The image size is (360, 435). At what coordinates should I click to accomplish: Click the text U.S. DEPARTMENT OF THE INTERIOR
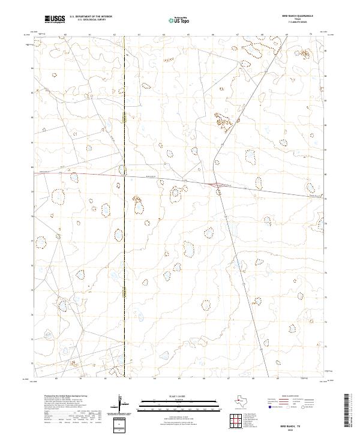91,17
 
